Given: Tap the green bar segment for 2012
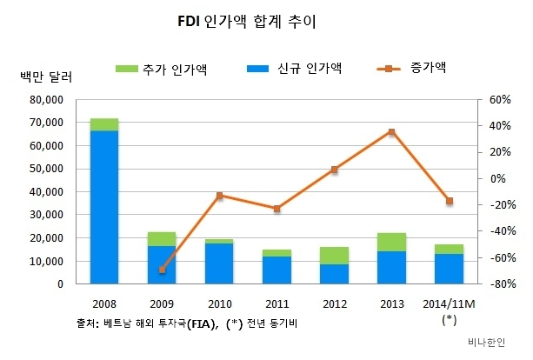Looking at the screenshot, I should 334,255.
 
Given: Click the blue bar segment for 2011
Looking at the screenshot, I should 276,270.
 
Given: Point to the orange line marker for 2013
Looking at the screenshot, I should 391,132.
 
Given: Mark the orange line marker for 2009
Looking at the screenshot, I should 162,270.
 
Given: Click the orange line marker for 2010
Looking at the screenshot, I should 219,196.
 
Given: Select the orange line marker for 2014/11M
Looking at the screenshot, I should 449,201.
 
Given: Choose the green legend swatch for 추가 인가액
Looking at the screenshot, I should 127,68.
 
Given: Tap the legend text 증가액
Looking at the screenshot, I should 428,67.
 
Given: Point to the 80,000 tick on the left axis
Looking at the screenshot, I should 44,100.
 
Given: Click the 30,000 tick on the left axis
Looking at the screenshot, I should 44,215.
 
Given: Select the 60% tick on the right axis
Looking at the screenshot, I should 498,100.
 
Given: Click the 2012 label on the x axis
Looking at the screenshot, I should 334,303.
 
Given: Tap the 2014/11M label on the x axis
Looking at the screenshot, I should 449,303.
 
